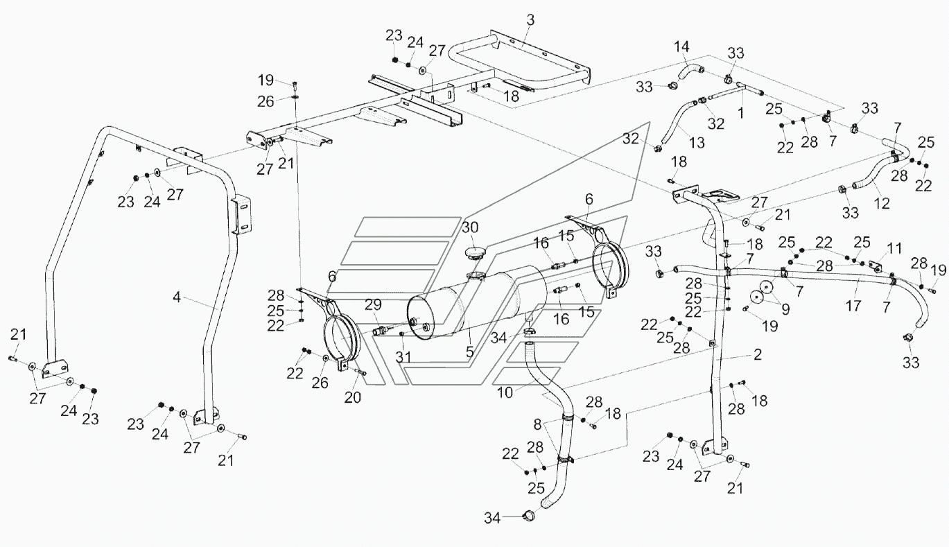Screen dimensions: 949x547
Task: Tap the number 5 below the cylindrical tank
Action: tap(469, 351)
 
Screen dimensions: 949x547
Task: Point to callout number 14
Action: tap(681, 46)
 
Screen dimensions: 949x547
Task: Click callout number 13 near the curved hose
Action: tap(697, 143)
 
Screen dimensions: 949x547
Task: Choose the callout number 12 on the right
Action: tap(882, 203)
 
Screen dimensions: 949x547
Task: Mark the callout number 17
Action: tap(853, 306)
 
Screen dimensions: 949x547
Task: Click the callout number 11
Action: tap(894, 248)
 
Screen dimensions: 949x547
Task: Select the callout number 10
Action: tap(505, 393)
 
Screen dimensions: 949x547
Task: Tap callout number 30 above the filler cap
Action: tap(470, 227)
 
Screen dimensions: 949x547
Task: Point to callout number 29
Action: tap(373, 304)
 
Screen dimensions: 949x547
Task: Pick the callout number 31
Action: tap(403, 357)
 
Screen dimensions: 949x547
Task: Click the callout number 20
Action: tap(352, 397)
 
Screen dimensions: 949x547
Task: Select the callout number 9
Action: tap(785, 309)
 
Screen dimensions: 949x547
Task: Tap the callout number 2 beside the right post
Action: tap(758, 354)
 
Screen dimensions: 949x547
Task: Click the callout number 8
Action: tap(537, 424)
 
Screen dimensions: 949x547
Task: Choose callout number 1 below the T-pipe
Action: tap(740, 113)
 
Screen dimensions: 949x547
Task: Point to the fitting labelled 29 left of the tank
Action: tap(381, 329)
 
